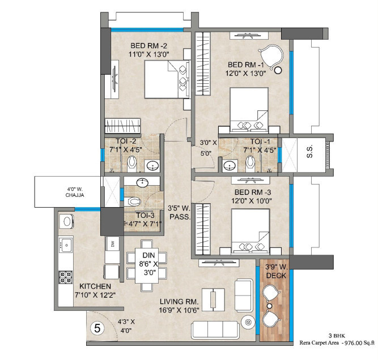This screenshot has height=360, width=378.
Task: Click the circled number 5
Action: tap(97, 327)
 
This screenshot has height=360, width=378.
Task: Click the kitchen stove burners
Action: tap(66, 277)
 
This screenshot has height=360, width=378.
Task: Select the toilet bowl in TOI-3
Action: tap(132, 201)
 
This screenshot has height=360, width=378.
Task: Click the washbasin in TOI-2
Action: tap(152, 165)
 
